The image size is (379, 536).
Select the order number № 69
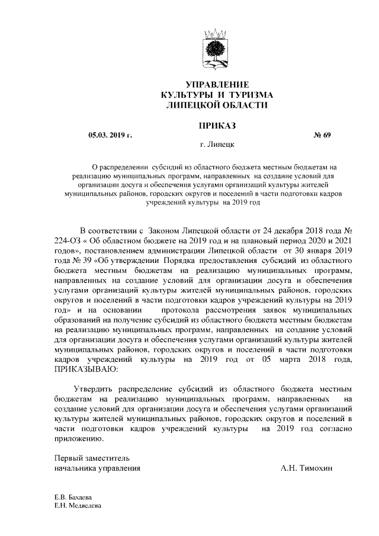click(322, 135)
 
